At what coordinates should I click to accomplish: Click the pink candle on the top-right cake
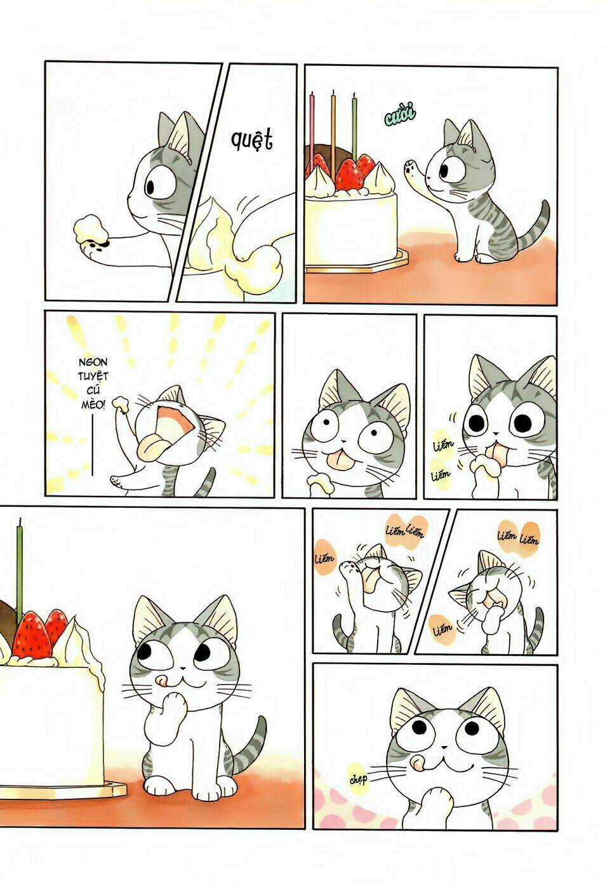pyautogui.click(x=312, y=127)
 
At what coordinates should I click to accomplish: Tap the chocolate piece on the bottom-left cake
pyautogui.click(x=5, y=612)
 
